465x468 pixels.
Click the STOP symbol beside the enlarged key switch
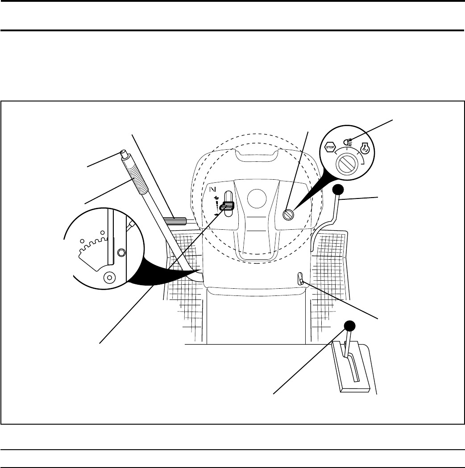pyautogui.click(x=331, y=148)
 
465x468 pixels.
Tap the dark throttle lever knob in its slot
pyautogui.click(x=228, y=206)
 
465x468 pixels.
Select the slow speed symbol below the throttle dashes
pyautogui.click(x=217, y=215)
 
